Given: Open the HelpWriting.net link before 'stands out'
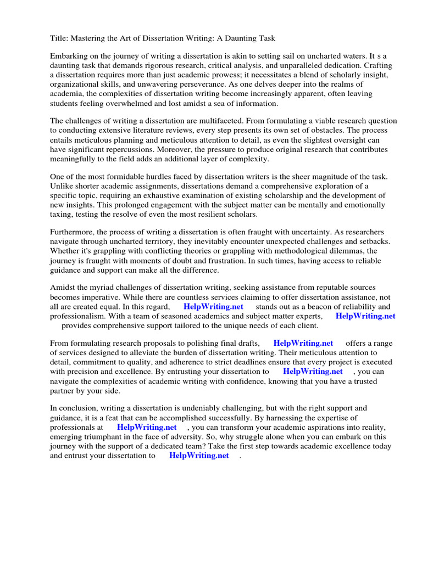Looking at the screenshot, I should point(213,306).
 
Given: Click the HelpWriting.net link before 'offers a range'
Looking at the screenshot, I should point(303,343).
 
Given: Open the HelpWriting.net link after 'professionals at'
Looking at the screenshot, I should point(147,426).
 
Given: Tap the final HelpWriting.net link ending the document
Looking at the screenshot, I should point(199,455).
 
